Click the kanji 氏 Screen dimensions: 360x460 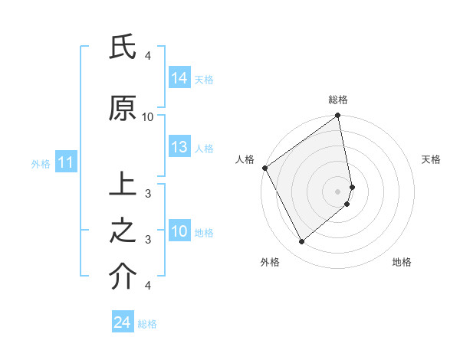[x=122, y=48]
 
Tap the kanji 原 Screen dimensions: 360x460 [x=122, y=109]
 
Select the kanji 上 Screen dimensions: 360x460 [x=122, y=186]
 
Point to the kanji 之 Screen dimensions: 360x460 [x=122, y=231]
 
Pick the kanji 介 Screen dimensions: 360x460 [x=122, y=277]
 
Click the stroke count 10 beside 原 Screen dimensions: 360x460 [x=148, y=116]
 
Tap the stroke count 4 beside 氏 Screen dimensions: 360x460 [x=147, y=56]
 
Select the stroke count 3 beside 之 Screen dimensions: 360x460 [x=147, y=239]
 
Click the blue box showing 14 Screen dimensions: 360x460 [x=179, y=77]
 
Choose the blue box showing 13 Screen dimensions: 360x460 [x=179, y=148]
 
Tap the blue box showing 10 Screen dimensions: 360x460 [x=179, y=232]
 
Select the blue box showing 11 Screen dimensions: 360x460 [x=65, y=162]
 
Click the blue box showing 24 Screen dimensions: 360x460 [x=123, y=323]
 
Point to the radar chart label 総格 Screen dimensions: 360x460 [x=338, y=100]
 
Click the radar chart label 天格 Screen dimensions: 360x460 [x=432, y=159]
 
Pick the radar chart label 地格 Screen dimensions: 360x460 [x=402, y=262]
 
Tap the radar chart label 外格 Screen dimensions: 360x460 [x=270, y=262]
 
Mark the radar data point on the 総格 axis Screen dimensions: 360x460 [x=338, y=116]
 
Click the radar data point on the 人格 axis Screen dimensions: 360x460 [x=265, y=168]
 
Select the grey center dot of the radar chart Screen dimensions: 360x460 [x=338, y=191]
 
